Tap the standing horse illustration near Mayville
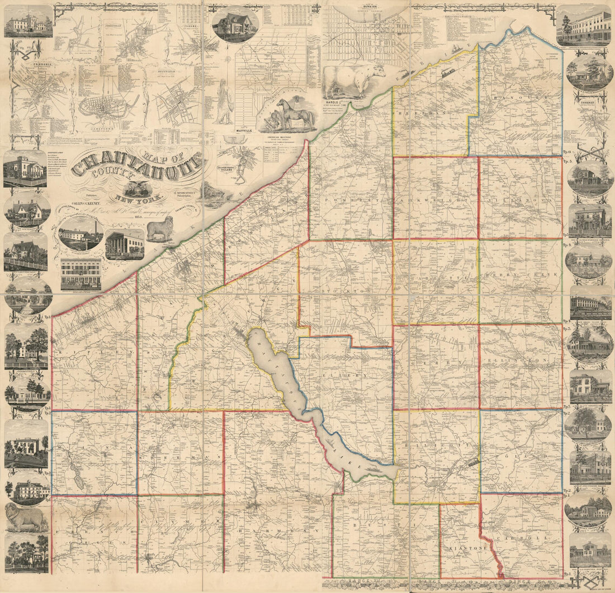click(x=295, y=115)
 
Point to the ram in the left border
click(x=26, y=518)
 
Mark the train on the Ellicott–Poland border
click(x=472, y=462)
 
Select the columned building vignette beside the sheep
click(x=124, y=244)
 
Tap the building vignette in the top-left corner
click(x=28, y=21)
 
